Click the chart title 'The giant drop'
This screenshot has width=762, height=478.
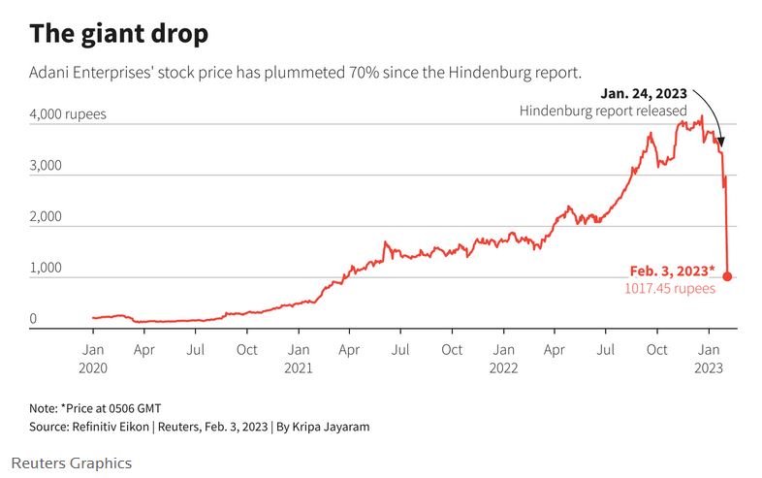click(118, 34)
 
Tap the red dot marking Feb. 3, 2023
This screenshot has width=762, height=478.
click(727, 276)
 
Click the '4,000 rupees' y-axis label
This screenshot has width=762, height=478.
click(68, 114)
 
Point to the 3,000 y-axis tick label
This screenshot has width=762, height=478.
click(46, 166)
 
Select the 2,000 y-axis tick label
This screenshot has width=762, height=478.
click(46, 217)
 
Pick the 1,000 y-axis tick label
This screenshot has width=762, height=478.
click(46, 269)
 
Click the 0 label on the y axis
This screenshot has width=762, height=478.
click(33, 319)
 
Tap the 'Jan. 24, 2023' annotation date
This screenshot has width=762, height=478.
click(644, 93)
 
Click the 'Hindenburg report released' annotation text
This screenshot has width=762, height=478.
click(603, 112)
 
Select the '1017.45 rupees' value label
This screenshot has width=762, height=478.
click(669, 288)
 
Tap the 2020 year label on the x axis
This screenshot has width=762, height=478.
click(93, 367)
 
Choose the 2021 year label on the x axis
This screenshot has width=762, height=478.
click(299, 367)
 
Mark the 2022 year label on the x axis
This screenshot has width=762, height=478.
click(502, 367)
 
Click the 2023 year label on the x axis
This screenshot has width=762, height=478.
click(708, 367)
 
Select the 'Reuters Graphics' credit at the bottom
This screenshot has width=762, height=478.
click(72, 463)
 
